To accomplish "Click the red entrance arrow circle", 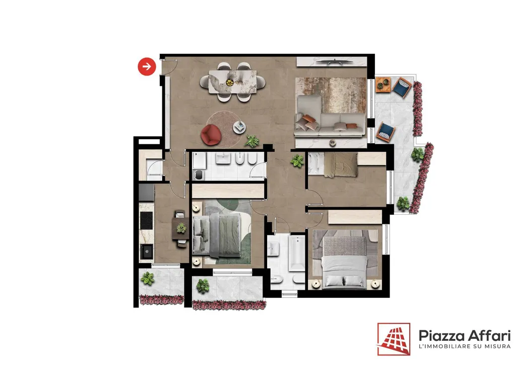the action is (147, 67).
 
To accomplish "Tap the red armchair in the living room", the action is (211, 135).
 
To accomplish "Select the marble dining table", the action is (232, 82).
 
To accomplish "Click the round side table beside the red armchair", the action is (239, 128).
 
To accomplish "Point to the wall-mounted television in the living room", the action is (332, 61).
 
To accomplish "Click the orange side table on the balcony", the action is (383, 85).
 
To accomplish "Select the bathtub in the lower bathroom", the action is (297, 253).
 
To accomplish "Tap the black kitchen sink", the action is (146, 252).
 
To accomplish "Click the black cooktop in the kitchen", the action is (146, 220).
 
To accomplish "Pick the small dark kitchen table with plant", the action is (180, 228).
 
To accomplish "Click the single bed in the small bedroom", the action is (333, 164).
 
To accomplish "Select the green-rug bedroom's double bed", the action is (217, 234).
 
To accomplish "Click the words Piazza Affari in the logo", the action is (464, 336).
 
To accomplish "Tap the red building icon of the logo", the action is (394, 339).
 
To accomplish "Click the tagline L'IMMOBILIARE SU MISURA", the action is (464, 346).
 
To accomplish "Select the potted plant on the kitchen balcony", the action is (148, 278).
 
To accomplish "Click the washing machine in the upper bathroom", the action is (199, 175).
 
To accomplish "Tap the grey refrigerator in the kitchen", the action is (146, 193).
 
